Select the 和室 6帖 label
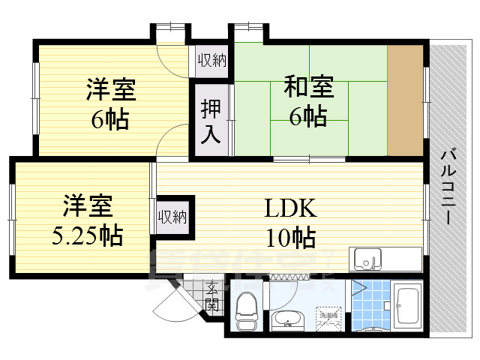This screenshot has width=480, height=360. [308, 100]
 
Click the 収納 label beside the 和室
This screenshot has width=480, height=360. [212, 59]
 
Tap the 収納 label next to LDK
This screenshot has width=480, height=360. [172, 217]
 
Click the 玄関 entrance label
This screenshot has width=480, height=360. [212, 296]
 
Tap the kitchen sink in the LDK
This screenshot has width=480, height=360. [367, 258]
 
